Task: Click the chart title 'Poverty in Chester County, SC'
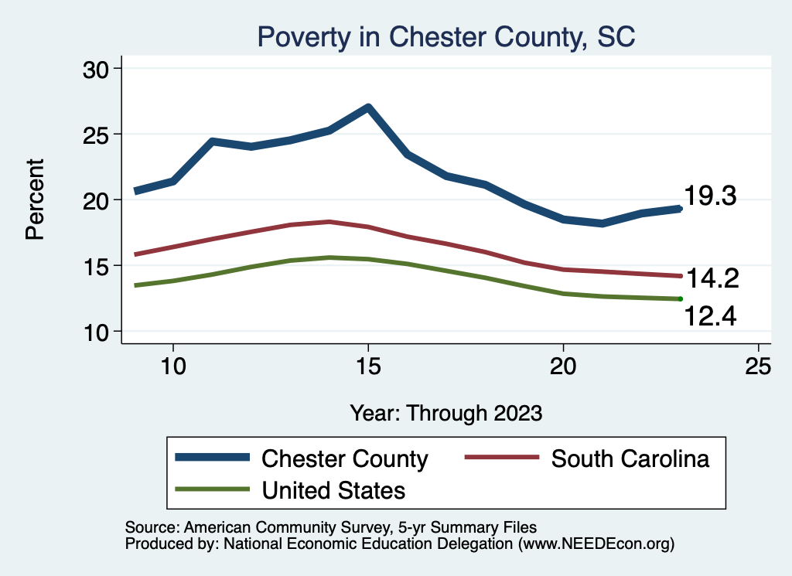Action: click(446, 36)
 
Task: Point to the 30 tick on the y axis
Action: click(97, 69)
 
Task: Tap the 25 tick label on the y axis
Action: click(97, 135)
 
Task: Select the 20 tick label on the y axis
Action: click(97, 200)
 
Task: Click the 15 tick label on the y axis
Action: click(97, 266)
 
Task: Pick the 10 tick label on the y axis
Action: click(97, 332)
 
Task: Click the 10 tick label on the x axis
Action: click(172, 366)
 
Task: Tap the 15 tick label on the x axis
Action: click(368, 366)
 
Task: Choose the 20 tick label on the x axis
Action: click(563, 366)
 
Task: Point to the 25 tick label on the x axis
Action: click(759, 366)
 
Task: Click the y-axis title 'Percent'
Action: click(35, 199)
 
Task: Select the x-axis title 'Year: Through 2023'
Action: click(445, 412)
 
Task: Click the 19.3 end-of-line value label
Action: click(711, 196)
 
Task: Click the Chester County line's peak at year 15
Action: click(368, 107)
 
